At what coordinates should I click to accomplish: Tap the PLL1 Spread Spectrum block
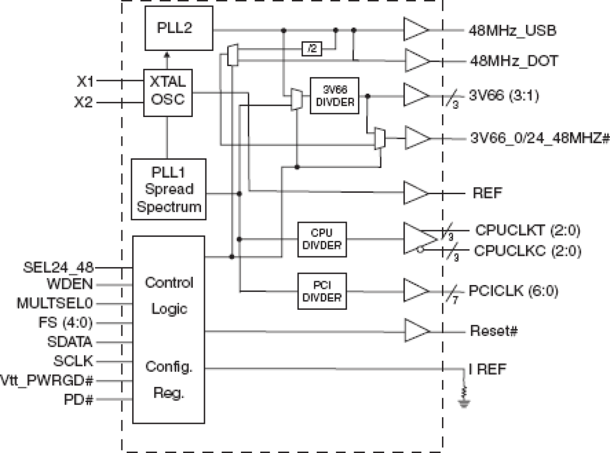pos(169,189)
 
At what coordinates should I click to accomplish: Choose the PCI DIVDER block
pos(322,291)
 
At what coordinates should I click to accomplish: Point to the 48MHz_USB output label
pos(512,31)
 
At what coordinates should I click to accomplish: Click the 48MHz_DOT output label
pos(513,62)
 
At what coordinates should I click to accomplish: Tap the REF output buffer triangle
pos(416,193)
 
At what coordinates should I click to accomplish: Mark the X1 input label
pos(86,82)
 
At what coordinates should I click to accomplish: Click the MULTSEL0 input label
pos(54,303)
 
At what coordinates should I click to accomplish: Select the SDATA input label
pos(70,342)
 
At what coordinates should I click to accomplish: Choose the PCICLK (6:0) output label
pos(513,291)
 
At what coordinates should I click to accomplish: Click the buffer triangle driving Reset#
pos(416,331)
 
